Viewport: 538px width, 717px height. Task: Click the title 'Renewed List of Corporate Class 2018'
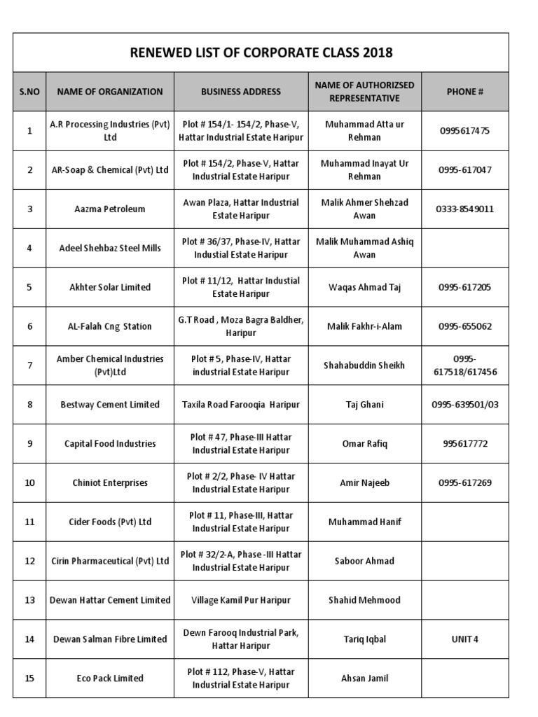coord(261,53)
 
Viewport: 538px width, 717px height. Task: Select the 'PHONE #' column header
coord(465,92)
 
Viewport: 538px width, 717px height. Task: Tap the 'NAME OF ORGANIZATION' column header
coord(110,92)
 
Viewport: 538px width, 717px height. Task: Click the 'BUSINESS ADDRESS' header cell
coord(240,92)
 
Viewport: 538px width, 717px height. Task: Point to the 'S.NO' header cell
coord(29,92)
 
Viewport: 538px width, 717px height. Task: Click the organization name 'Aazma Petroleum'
coord(110,209)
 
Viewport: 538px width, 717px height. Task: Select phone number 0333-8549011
coord(465,209)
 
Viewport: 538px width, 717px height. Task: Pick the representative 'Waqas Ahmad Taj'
coord(364,287)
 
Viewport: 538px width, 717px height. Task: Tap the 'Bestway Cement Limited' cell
coord(110,405)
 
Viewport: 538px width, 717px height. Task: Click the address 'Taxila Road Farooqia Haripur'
coord(240,405)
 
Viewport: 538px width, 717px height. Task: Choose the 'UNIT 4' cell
coord(465,639)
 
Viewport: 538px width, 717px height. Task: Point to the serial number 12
coord(29,561)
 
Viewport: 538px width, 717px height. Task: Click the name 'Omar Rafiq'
coord(364,444)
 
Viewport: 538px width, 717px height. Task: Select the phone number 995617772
coord(465,444)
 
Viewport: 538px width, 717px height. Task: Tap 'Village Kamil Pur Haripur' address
coord(240,600)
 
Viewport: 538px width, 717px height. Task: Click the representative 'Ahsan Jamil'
coord(364,678)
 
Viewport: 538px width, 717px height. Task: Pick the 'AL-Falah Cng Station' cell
coord(110,326)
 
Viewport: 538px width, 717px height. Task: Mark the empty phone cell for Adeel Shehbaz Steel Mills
coord(465,248)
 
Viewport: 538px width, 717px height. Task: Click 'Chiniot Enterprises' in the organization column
coord(110,483)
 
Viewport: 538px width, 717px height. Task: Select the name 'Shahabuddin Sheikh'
coord(364,366)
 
